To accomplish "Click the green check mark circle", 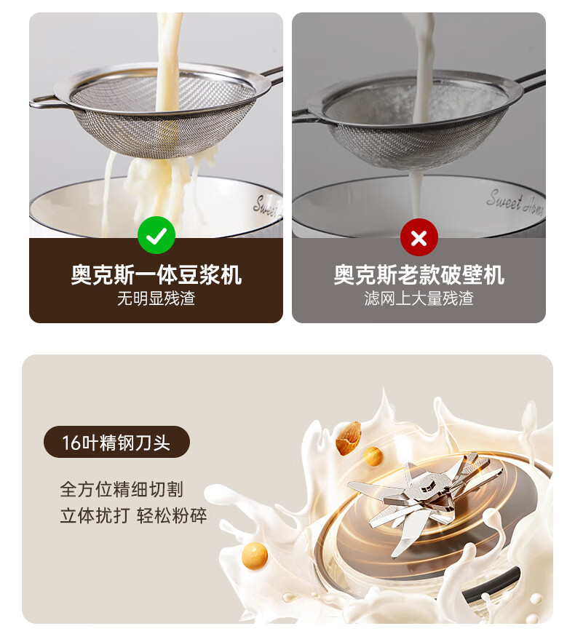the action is coord(156,235).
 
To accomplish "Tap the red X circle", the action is coord(419,237).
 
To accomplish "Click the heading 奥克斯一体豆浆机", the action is coord(156,275).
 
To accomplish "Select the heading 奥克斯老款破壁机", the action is coord(419,275).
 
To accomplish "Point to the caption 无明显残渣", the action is coord(156,298).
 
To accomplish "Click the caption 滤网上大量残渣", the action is coord(419,298).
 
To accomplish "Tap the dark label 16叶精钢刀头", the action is coord(116,442).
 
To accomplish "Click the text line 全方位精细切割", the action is coord(122,489).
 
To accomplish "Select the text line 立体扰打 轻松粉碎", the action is coord(133,515).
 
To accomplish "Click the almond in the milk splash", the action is coord(348,438).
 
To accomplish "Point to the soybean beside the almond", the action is coord(373,456).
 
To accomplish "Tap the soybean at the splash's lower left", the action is coord(255,555).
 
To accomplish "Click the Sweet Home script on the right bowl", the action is coord(515,203).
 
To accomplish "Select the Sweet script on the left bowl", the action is coord(267,207).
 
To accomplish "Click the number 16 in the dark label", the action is coord(70,443).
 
